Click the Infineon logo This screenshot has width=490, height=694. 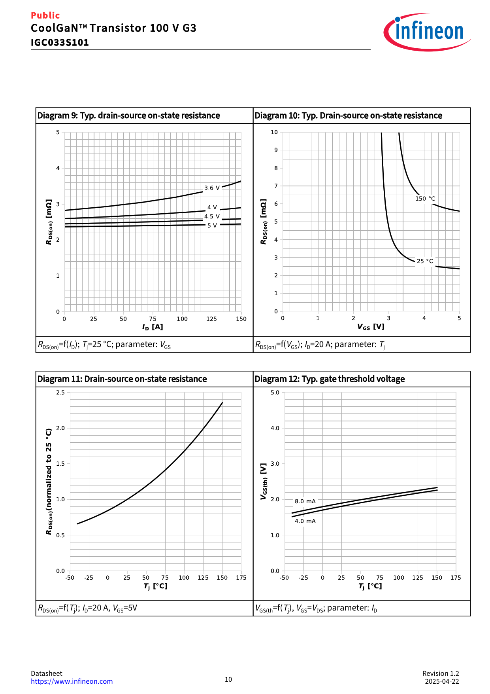[427, 32]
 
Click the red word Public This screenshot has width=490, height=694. [45, 15]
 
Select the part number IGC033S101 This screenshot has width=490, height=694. [60, 42]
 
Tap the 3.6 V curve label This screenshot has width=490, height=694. [212, 188]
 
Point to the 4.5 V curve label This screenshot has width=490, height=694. [212, 216]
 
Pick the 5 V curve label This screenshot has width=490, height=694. [212, 226]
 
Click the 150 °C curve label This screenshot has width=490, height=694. [425, 199]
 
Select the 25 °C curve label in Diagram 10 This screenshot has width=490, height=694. [425, 261]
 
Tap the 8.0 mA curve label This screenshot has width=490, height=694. [305, 501]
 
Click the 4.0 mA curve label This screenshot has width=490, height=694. [305, 521]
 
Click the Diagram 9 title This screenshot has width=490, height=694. [128, 116]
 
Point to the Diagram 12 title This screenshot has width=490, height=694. [330, 379]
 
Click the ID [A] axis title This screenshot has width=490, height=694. [153, 327]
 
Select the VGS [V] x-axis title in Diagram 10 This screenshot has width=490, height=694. [371, 327]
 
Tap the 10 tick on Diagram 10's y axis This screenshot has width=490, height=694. [274, 132]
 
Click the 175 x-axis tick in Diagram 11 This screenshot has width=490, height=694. [241, 578]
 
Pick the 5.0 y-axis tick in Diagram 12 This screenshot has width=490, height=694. [275, 393]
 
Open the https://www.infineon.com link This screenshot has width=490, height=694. [72, 681]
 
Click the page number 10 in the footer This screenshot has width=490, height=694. [228, 679]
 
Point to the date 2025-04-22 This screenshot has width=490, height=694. [442, 681]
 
